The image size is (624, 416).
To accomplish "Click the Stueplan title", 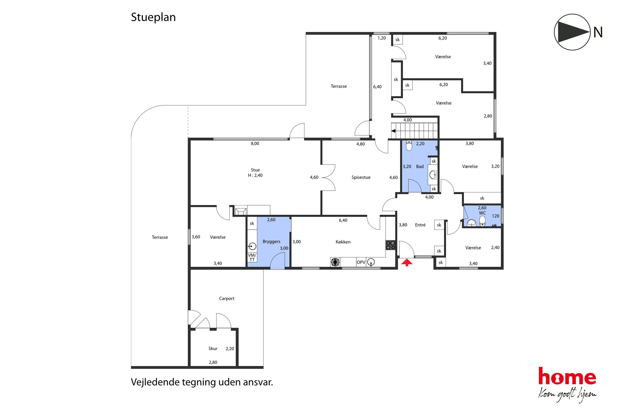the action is point(153,17).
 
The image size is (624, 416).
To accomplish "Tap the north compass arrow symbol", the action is point(572,32).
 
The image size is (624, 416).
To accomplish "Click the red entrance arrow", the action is point(407,263).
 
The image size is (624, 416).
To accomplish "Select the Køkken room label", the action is point(343,242).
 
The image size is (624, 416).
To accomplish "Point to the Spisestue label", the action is point(361,177).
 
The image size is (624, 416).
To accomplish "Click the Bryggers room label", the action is point(271,241).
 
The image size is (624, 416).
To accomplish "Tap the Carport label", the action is point(227,298).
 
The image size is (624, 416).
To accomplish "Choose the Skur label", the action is point(213,348).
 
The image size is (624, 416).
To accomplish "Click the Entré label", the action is point(420,225).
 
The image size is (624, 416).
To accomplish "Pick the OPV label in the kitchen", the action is point(361,262).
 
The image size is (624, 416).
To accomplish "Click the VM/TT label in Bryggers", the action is point(252,257).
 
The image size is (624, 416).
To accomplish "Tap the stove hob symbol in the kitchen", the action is point(390,245).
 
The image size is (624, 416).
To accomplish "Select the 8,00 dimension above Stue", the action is point(255,144).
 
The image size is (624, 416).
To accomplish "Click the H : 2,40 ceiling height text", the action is point(255,175).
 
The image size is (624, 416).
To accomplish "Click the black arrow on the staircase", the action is point(393,131).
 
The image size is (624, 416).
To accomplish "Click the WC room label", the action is point(482,213).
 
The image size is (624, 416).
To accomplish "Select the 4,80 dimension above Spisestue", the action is point(360,144).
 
